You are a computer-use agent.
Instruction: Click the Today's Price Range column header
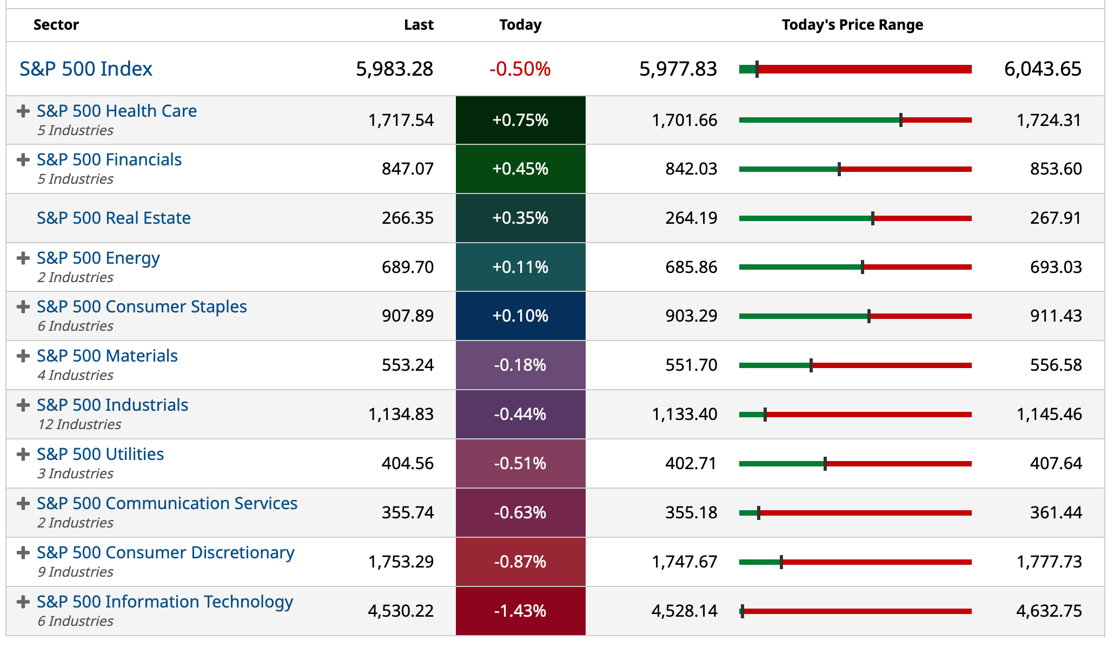click(x=852, y=25)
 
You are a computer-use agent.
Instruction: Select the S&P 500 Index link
click(x=86, y=69)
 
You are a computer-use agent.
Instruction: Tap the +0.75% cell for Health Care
click(x=520, y=120)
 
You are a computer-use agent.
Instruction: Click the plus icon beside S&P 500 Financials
click(x=23, y=160)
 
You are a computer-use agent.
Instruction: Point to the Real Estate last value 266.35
click(x=407, y=218)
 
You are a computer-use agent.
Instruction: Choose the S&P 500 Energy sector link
click(x=98, y=258)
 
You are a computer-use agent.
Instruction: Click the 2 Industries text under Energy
click(x=75, y=277)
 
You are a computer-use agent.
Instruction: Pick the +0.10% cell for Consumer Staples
click(x=520, y=316)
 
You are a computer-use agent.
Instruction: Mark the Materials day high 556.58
click(x=1056, y=365)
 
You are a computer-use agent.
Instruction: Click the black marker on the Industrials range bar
click(x=765, y=415)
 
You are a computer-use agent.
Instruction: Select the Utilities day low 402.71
click(x=691, y=463)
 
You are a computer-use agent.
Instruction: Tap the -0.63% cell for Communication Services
click(x=520, y=512)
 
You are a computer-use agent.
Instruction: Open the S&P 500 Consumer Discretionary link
click(x=165, y=552)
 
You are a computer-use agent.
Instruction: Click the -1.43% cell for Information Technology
click(x=520, y=611)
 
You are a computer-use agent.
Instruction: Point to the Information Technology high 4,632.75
click(x=1049, y=611)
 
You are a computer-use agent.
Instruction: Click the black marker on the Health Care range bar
click(x=901, y=120)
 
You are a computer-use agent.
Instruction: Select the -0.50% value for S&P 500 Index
click(x=520, y=69)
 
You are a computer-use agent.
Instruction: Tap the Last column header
click(x=419, y=25)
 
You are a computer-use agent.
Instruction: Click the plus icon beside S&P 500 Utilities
click(x=23, y=455)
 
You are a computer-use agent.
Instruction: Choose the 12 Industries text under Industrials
click(x=79, y=424)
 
